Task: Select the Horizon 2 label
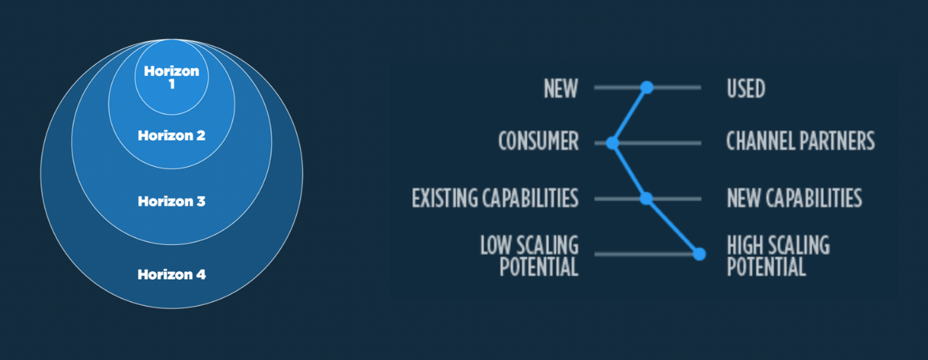pyautogui.click(x=171, y=135)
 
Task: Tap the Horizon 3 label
pyautogui.click(x=171, y=201)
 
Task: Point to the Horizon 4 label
pyautogui.click(x=171, y=275)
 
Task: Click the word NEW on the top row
pyautogui.click(x=561, y=89)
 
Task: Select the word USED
pyautogui.click(x=746, y=89)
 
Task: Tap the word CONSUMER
pyautogui.click(x=538, y=142)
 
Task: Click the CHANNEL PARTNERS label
pyautogui.click(x=800, y=142)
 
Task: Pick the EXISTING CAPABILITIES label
pyautogui.click(x=495, y=198)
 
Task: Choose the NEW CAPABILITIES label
pyautogui.click(x=794, y=198)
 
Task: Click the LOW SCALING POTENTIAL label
pyautogui.click(x=529, y=256)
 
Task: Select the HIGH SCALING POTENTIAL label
pyautogui.click(x=778, y=256)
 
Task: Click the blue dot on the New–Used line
pyautogui.click(x=647, y=87)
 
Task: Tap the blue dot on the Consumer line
pyautogui.click(x=612, y=143)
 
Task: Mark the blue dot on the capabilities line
pyautogui.click(x=646, y=199)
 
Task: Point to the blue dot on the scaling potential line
pyautogui.click(x=699, y=254)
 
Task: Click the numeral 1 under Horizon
pyautogui.click(x=171, y=84)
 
